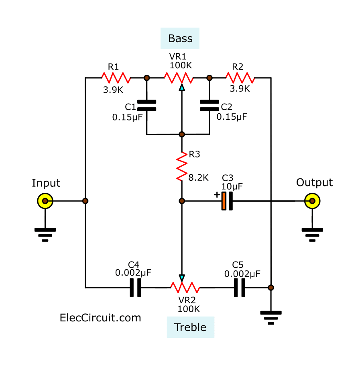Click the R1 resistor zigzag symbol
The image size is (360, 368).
point(116,78)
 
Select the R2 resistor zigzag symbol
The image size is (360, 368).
point(240,78)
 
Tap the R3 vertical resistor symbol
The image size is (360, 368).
point(182,166)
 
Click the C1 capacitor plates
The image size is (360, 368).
point(146,106)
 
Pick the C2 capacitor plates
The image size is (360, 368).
point(209,106)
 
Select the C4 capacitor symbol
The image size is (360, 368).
point(135,288)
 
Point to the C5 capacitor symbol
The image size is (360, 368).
point(240,288)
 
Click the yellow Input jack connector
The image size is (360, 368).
point(45,200)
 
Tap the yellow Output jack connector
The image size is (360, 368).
point(312,200)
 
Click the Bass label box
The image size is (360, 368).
point(180,39)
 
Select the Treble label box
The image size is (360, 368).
point(190,327)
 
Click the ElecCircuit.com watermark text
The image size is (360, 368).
point(100,318)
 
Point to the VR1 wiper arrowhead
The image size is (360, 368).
point(182,87)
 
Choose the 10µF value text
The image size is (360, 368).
point(232,186)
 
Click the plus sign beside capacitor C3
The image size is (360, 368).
point(217,195)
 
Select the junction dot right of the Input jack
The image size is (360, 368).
point(85,200)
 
